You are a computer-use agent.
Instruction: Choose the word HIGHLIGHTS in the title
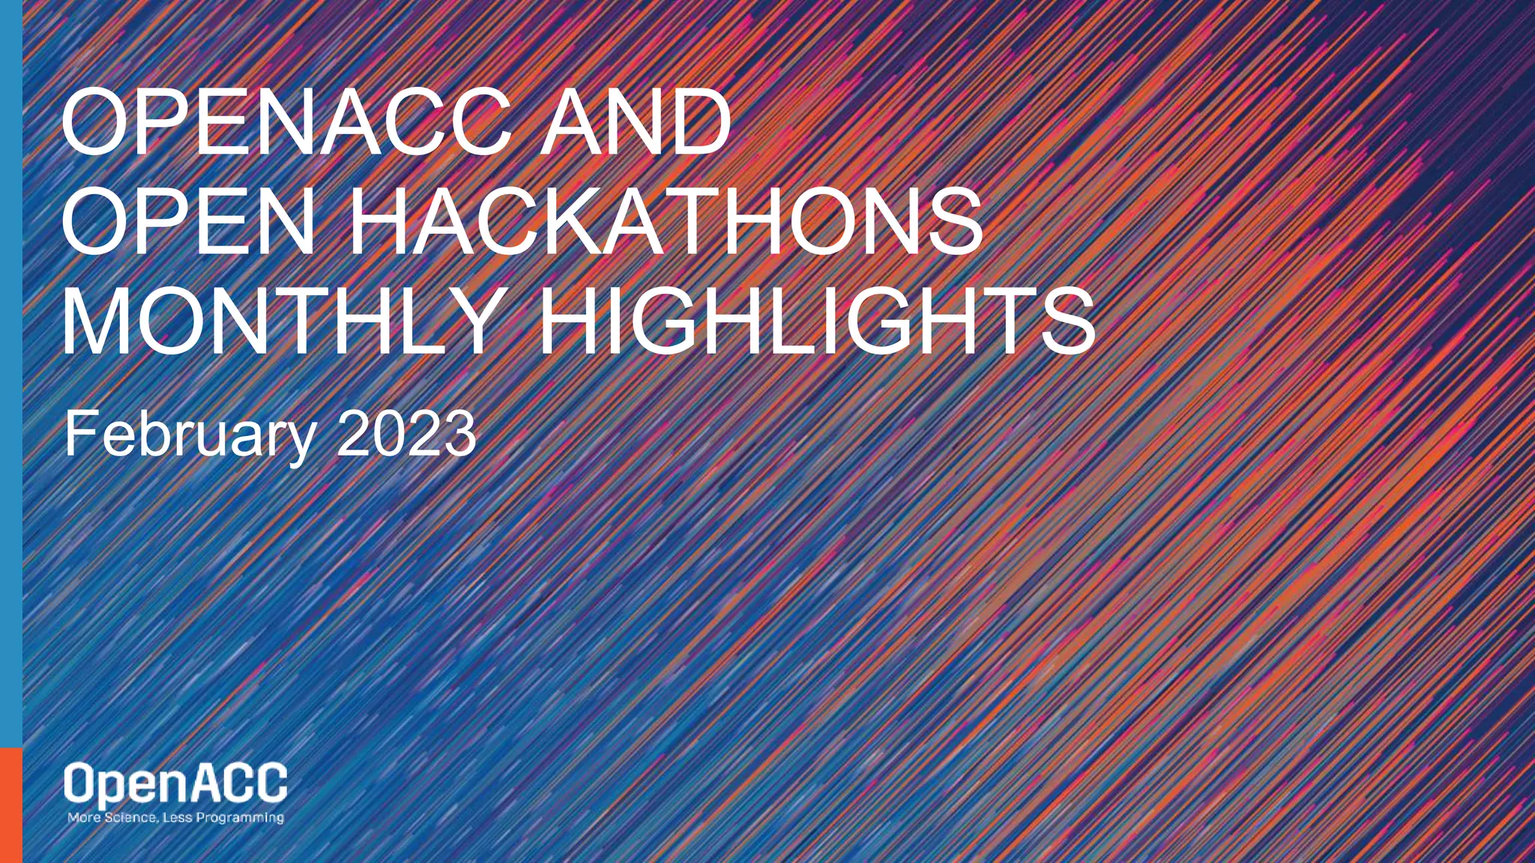point(817,323)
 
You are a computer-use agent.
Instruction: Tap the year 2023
point(405,435)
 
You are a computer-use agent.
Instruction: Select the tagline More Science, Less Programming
point(175,817)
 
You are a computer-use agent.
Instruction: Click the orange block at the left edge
point(10,805)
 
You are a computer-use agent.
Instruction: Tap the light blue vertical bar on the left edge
point(10,375)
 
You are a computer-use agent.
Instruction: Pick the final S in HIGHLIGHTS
point(1063,323)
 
